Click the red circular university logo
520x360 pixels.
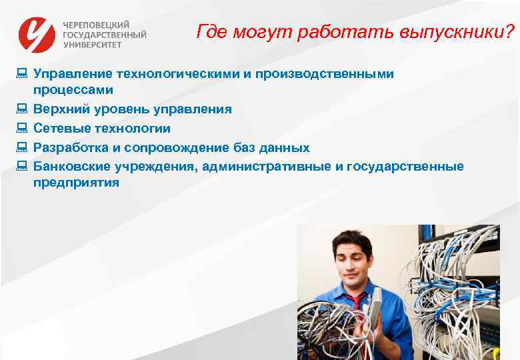click(37, 34)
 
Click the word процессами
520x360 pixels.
click(73, 90)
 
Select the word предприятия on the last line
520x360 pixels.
click(76, 183)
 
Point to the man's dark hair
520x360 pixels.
click(353, 238)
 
